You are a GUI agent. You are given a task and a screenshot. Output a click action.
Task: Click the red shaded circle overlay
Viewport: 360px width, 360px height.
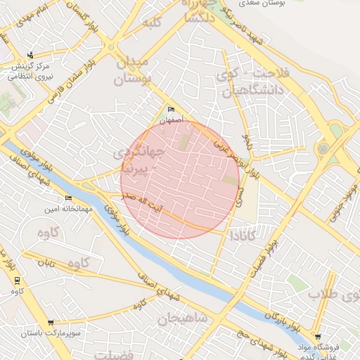(x=180, y=179)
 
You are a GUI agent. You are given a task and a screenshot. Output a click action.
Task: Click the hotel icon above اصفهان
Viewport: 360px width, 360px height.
(x=172, y=110)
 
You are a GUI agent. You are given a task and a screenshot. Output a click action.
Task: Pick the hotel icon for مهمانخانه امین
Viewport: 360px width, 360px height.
(x=68, y=198)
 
